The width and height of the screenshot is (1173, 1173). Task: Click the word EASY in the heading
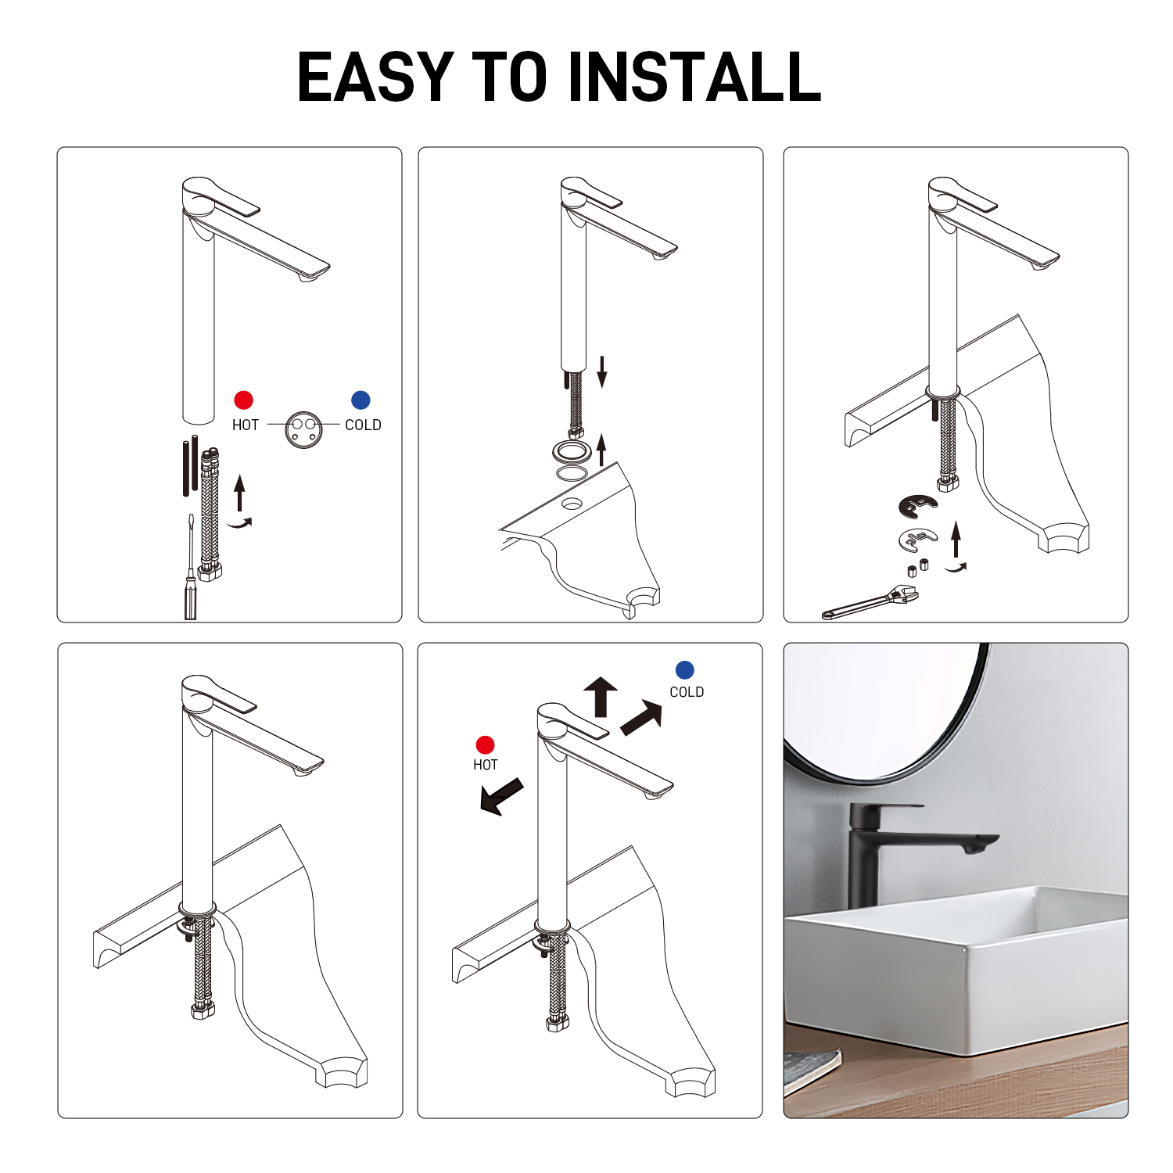(377, 77)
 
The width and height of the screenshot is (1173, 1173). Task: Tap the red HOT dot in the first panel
(244, 400)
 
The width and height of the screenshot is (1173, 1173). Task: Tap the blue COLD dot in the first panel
(361, 400)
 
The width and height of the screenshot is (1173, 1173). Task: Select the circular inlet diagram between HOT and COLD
(303, 429)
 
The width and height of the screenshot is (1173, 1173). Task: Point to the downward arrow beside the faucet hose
(602, 371)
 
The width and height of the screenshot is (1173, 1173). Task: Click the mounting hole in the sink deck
(572, 504)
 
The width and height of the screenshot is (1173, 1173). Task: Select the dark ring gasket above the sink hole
(572, 451)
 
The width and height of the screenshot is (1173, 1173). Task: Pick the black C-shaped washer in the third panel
(917, 506)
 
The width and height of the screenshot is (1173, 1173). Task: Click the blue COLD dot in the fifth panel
(684, 670)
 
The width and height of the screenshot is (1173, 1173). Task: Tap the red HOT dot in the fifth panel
(485, 745)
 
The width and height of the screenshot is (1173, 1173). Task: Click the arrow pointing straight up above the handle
(601, 697)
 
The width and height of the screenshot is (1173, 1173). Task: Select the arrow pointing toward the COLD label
(642, 718)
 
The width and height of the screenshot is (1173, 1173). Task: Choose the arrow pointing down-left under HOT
(501, 797)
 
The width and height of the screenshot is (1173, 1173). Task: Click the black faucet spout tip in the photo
(981, 844)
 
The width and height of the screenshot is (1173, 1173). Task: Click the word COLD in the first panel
(363, 425)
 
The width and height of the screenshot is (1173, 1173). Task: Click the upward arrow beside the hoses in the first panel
(240, 493)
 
